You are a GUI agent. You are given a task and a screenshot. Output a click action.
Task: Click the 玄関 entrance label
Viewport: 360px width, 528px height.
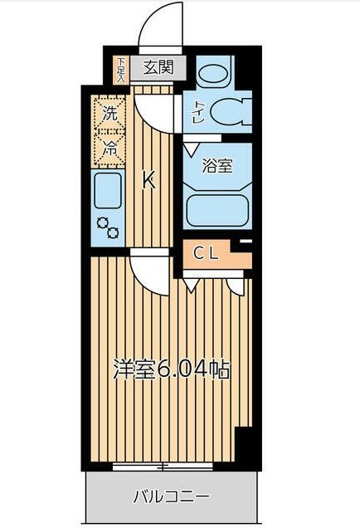click(158, 68)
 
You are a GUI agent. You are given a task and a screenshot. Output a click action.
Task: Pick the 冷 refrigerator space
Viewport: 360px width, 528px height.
click(109, 149)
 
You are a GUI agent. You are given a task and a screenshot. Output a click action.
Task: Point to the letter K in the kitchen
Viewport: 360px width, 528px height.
click(149, 178)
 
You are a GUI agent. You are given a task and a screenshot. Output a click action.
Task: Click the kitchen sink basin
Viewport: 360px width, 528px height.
click(108, 192)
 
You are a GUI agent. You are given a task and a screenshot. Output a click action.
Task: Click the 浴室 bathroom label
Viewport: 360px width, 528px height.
click(218, 165)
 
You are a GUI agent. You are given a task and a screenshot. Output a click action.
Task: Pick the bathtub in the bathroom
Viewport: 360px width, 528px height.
click(217, 208)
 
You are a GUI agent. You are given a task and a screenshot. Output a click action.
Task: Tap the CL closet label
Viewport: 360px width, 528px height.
click(206, 254)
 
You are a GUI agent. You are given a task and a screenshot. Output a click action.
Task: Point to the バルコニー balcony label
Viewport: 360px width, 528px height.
click(172, 498)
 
